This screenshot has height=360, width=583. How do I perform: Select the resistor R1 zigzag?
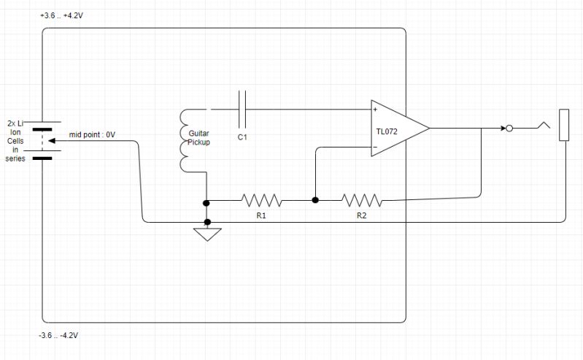tap(260, 199)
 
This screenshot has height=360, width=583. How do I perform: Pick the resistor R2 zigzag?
tap(361, 199)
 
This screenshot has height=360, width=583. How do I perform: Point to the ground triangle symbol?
tap(207, 234)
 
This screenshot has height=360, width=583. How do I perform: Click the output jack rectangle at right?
tap(563, 125)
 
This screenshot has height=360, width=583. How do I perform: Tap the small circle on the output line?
tap(510, 129)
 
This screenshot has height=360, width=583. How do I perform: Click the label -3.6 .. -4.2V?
tap(58, 335)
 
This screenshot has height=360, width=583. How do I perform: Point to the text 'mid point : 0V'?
tap(93, 134)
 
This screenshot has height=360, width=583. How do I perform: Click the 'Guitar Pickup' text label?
tap(199, 138)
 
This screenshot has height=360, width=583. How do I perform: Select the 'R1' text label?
tap(260, 216)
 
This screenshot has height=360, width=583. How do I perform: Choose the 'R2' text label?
tap(361, 216)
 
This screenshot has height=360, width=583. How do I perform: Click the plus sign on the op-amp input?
tap(375, 110)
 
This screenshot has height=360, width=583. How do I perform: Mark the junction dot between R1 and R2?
tap(315, 199)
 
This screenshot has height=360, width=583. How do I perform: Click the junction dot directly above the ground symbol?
tap(207, 221)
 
